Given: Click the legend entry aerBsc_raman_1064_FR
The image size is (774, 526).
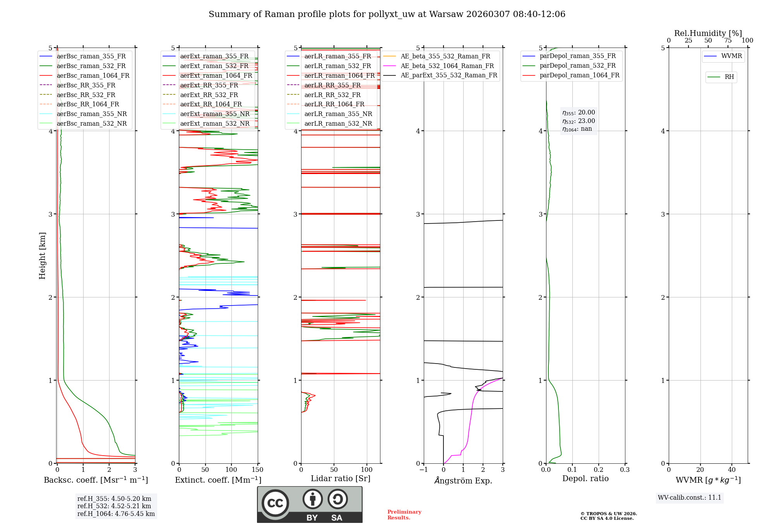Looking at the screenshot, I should (93, 76).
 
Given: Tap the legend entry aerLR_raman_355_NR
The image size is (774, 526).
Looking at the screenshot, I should (338, 114).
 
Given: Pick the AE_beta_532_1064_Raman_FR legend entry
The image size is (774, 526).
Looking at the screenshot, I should (447, 66).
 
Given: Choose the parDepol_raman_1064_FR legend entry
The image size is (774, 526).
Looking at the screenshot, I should (579, 75).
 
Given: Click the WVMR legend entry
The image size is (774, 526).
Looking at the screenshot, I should (731, 56).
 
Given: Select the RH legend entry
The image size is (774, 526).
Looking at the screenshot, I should (729, 77).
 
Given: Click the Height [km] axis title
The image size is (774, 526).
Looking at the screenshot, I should (42, 256).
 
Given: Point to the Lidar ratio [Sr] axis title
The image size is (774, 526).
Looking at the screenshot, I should (341, 478).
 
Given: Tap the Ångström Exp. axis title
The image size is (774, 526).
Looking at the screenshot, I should (463, 481).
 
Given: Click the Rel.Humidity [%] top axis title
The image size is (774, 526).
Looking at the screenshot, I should (708, 33).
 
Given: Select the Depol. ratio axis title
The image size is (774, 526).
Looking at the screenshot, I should (585, 478).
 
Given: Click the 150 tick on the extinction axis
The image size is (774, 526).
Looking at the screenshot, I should (257, 470).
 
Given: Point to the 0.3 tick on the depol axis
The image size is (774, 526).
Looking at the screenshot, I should (625, 470).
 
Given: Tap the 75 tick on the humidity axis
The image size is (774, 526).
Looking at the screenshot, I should (728, 41).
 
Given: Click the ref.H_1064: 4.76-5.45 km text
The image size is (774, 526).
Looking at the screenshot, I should (116, 514).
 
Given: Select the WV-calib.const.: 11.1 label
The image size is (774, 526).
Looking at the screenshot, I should (690, 498).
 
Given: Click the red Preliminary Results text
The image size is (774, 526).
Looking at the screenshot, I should (404, 515).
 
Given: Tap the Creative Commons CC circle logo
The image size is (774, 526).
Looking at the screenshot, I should (275, 503).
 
